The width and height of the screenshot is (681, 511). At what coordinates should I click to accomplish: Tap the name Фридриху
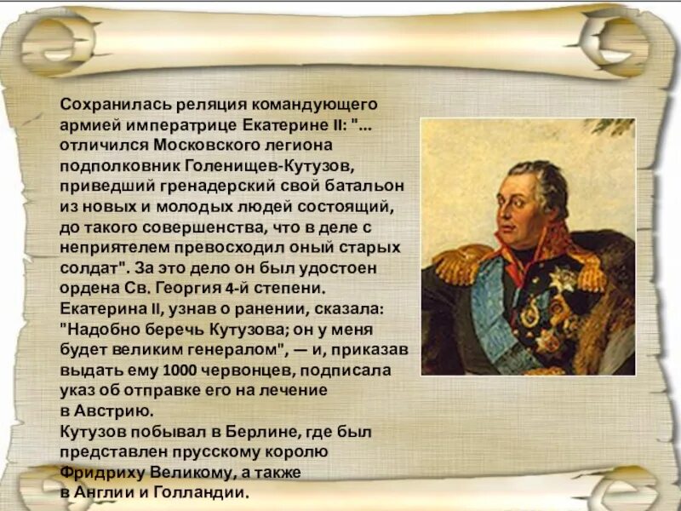click(x=103, y=473)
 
